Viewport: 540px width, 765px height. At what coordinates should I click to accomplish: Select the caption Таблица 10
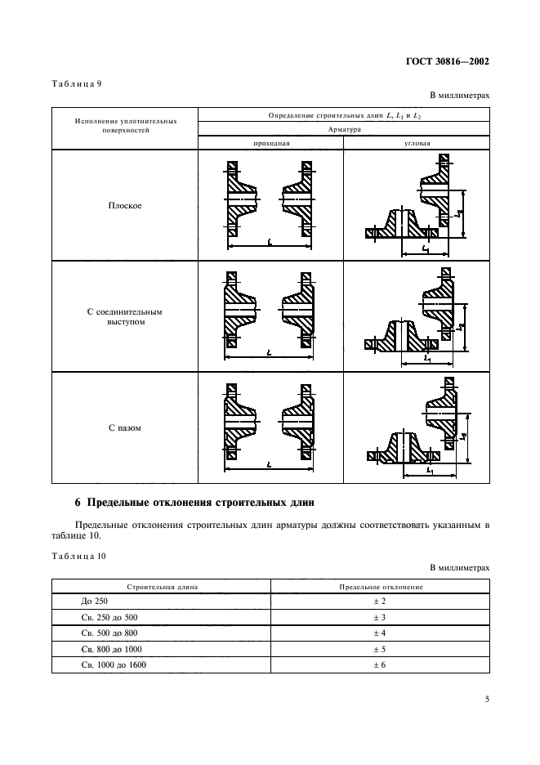(x=75, y=556)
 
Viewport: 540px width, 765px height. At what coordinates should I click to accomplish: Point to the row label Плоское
(x=125, y=206)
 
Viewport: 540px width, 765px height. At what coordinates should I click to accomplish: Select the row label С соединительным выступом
(x=125, y=317)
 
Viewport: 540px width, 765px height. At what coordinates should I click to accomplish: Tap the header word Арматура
(x=343, y=129)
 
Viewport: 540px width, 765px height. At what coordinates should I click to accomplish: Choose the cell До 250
(x=84, y=602)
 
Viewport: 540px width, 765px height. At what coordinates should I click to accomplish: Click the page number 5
(x=486, y=699)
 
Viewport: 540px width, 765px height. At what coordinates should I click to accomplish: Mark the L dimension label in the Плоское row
(x=270, y=241)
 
